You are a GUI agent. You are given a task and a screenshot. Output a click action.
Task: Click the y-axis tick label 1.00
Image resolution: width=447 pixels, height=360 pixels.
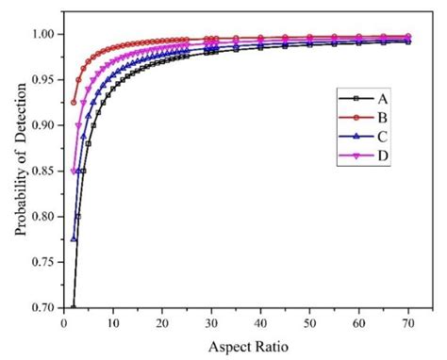(x=45, y=35)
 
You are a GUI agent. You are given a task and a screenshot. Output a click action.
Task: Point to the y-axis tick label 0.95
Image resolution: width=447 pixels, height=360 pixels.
(x=45, y=80)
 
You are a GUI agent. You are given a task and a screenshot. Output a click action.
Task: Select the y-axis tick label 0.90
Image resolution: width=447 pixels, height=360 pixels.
(x=45, y=125)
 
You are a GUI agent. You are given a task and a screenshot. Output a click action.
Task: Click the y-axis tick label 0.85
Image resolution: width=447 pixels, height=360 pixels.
(x=45, y=171)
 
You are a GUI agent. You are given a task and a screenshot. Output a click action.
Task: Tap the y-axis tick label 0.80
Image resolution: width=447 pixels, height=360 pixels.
(x=45, y=217)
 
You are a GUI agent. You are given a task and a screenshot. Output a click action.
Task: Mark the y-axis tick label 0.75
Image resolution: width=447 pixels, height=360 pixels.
(x=45, y=262)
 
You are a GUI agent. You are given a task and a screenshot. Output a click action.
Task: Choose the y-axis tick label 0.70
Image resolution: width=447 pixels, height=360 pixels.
(x=45, y=307)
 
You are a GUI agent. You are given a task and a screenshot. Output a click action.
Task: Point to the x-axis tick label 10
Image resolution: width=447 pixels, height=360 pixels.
(x=113, y=323)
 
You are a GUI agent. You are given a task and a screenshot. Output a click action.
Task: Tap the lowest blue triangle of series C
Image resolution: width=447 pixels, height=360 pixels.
(x=74, y=239)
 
